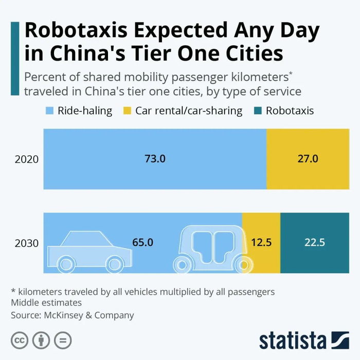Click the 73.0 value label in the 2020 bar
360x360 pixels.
click(155, 159)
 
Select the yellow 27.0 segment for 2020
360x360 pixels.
click(308, 159)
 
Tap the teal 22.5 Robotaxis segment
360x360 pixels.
click(315, 242)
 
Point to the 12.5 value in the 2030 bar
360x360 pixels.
click(261, 242)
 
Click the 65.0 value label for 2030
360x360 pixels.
click(142, 242)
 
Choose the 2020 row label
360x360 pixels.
click(27, 159)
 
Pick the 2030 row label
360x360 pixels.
click(27, 243)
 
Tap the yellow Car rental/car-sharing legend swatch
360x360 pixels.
click(127, 111)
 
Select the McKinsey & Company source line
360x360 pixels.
click(73, 315)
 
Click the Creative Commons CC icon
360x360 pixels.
click(20, 340)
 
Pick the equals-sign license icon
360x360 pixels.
click(63, 340)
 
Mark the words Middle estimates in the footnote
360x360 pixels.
click(47, 303)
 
